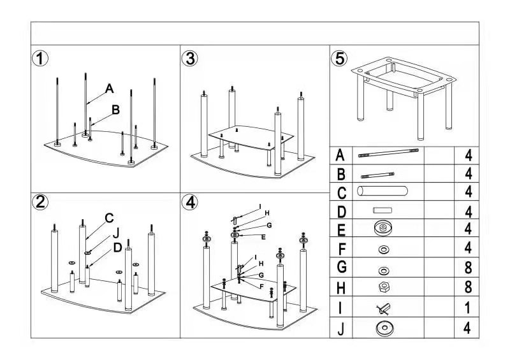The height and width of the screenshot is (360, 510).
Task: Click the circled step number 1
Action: click(41, 59)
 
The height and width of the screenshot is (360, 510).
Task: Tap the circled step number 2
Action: click(41, 203)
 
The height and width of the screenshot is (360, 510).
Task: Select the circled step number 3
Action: click(189, 59)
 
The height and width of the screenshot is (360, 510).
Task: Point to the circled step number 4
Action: click(189, 203)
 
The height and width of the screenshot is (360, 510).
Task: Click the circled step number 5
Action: click(340, 59)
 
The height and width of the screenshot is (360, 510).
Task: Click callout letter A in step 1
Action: click(109, 88)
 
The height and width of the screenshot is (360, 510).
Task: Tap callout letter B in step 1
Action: click(115, 110)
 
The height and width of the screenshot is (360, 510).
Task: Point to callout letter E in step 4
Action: click(263, 237)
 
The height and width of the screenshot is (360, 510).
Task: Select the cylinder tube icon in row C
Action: click(382, 191)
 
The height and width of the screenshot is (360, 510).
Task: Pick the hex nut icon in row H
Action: click(383, 287)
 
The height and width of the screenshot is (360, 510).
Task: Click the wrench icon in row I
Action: click(382, 308)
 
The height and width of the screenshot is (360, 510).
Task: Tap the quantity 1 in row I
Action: click(468, 308)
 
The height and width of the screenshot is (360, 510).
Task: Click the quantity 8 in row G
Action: click(468, 269)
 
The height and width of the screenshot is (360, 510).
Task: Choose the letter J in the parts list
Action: click(341, 329)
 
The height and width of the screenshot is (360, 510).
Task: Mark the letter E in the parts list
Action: click(341, 230)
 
